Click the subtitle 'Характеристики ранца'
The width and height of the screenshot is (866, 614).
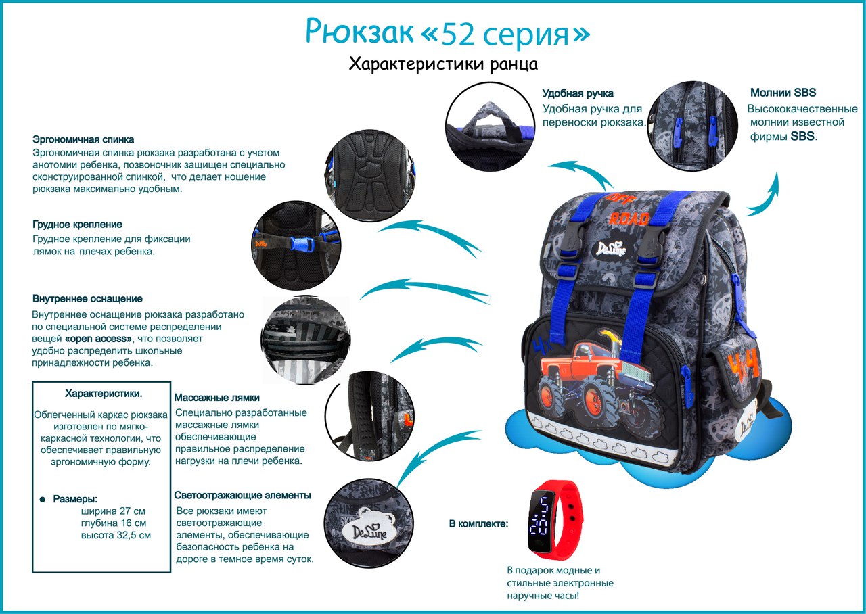(443, 64)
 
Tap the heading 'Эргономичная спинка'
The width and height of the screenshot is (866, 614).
(83, 139)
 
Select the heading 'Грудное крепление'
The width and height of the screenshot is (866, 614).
(77, 225)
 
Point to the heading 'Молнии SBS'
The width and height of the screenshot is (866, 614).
(783, 93)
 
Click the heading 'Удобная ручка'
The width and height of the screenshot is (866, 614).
(578, 93)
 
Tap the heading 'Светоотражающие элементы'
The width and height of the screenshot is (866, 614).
(242, 496)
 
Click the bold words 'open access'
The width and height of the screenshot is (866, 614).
(99, 339)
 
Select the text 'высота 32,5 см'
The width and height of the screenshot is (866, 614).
(116, 535)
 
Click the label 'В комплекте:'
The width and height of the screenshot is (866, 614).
(478, 524)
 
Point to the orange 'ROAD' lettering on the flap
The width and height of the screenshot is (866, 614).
(629, 219)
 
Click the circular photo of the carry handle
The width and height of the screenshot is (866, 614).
(489, 126)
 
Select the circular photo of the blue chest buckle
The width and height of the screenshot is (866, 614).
(296, 245)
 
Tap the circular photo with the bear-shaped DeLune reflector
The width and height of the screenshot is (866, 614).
(369, 523)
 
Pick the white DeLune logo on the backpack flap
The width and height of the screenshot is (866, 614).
(611, 248)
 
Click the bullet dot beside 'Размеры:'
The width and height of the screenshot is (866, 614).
(43, 500)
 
